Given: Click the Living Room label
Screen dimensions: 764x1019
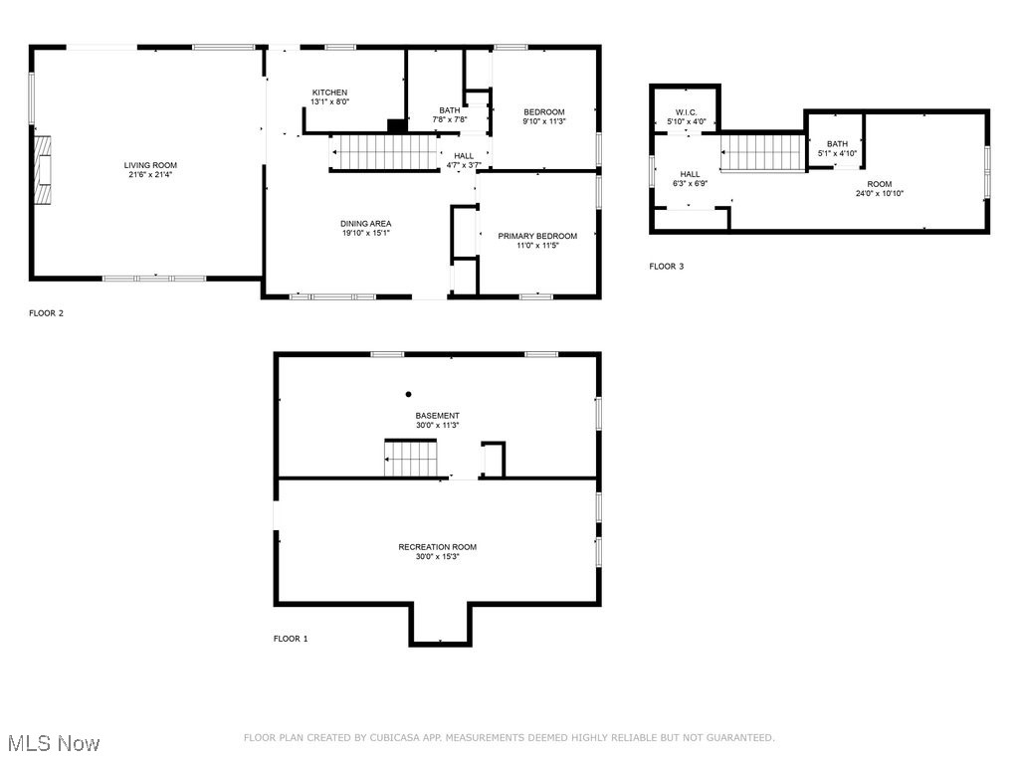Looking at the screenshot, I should coord(144,165).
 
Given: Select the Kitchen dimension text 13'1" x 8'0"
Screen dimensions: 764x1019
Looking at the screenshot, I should coord(329,101).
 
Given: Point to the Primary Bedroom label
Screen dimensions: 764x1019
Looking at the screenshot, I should coord(536,236).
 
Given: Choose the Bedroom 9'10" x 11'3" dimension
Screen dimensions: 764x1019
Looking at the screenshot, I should coord(543,121).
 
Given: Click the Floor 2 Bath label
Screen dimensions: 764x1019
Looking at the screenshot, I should coord(449,110).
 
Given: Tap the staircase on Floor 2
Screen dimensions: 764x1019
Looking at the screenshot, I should coord(384,153).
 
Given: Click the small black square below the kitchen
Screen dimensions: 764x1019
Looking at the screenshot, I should coord(396,125).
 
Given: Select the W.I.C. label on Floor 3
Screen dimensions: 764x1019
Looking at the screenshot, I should coord(686,111).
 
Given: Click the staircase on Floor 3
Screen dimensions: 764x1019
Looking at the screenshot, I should coord(761,152).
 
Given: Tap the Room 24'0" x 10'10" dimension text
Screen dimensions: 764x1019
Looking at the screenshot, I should coord(879,194).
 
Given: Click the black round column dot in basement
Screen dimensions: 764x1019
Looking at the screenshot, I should coord(408,394).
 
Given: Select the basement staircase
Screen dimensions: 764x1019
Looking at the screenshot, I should coord(411,459).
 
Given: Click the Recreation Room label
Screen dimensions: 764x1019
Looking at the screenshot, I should coord(437,547).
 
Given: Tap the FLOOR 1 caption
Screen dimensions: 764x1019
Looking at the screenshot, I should coord(291,639).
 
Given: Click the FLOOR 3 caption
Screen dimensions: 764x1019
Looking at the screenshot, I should coord(666,267).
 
